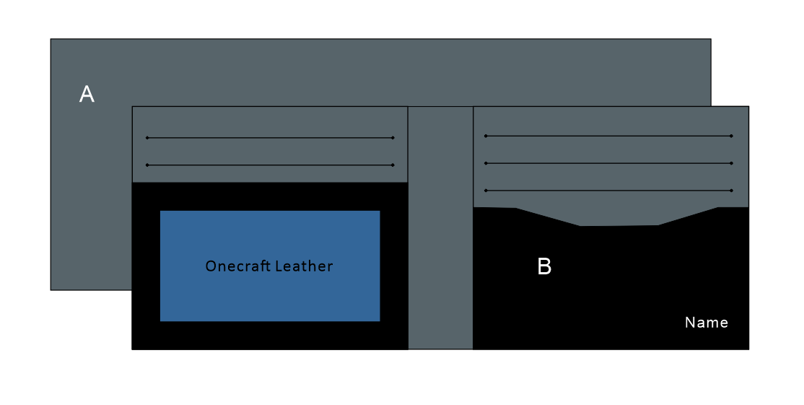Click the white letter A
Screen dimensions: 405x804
87,95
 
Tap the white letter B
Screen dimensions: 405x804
544,266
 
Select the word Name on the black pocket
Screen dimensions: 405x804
706,323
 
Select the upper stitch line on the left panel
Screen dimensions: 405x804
269,137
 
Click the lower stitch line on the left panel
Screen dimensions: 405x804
269,165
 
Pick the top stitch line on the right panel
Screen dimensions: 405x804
608,136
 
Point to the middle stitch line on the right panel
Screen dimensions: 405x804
608,163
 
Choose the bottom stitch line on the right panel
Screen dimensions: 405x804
608,191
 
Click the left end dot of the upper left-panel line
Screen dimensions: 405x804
147,137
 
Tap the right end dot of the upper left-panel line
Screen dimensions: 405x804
393,137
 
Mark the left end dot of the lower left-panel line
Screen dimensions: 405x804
147,165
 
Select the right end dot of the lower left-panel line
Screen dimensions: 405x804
393,165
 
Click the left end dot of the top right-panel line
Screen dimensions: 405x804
486,136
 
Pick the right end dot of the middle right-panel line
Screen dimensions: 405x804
732,163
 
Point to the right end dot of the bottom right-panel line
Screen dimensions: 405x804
732,191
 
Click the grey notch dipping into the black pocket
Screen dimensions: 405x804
618,217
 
